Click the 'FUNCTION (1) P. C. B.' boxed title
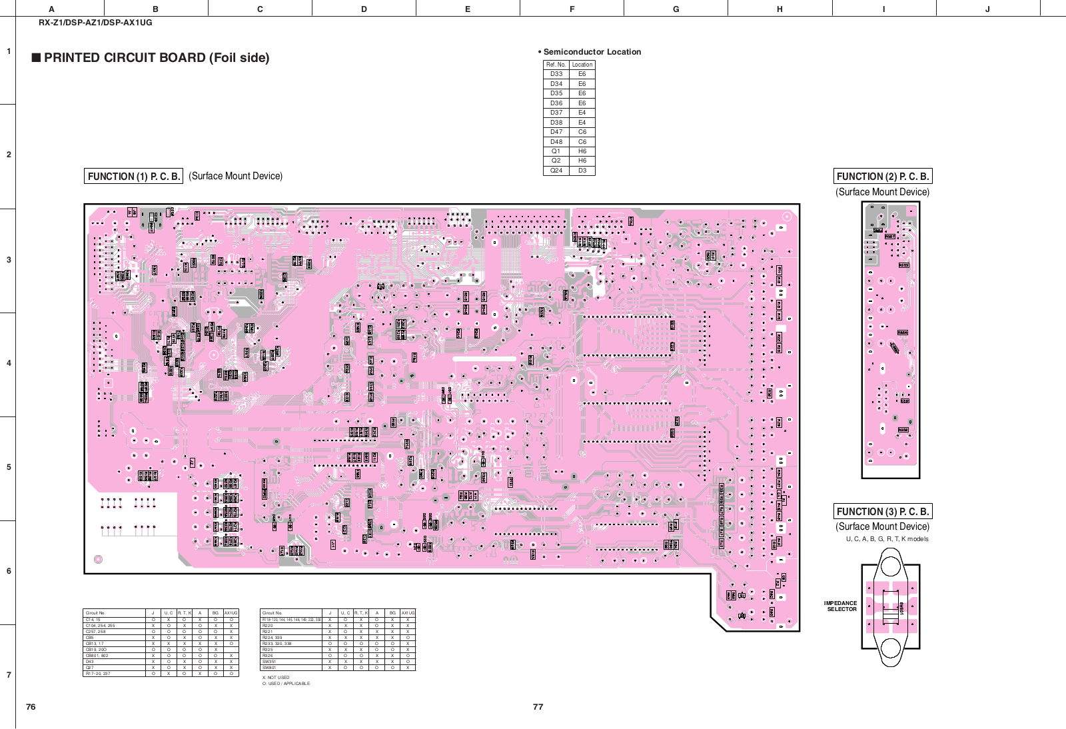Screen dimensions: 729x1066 pyautogui.click(x=133, y=177)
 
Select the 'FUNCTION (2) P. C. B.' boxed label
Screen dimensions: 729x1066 pyautogui.click(x=882, y=177)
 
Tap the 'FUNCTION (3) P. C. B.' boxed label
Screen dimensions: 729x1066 pyautogui.click(x=882, y=512)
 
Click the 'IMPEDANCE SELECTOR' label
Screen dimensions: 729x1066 pyautogui.click(x=841, y=606)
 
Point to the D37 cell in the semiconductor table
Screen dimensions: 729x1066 pyautogui.click(x=556, y=113)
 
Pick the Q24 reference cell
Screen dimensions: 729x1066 pyautogui.click(x=556, y=171)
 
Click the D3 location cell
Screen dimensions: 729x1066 pyautogui.click(x=582, y=171)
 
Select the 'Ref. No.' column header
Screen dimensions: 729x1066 pyautogui.click(x=556, y=65)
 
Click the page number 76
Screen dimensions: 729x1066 pyautogui.click(x=31, y=707)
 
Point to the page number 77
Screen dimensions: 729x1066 pyautogui.click(x=538, y=707)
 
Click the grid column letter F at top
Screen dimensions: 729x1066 pyautogui.click(x=572, y=9)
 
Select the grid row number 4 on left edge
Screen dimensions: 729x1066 pyautogui.click(x=9, y=363)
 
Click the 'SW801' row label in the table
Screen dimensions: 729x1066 pyautogui.click(x=269, y=667)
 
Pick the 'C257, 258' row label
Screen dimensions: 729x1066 pyautogui.click(x=96, y=632)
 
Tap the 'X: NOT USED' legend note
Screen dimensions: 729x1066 pyautogui.click(x=276, y=678)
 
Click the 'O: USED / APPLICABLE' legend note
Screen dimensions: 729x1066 pyautogui.click(x=286, y=684)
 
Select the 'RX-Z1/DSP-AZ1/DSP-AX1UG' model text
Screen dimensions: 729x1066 pyautogui.click(x=95, y=23)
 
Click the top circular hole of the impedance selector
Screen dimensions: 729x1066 pyautogui.click(x=891, y=566)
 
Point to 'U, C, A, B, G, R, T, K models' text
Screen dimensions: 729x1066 pyautogui.click(x=887, y=539)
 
